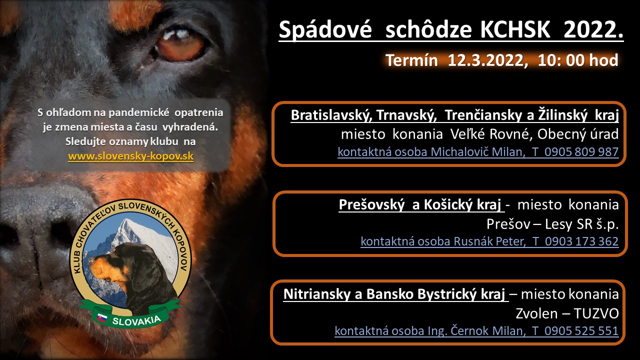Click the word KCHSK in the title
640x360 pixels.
click(x=515, y=29)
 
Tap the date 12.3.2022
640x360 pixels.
click(x=487, y=60)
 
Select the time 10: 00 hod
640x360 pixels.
click(x=578, y=60)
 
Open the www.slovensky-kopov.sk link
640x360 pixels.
click(x=131, y=156)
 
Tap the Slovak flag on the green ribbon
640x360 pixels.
click(x=101, y=317)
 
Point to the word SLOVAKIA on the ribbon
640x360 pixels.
click(x=136, y=320)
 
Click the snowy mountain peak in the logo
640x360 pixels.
click(x=125, y=225)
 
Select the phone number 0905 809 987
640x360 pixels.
click(x=581, y=151)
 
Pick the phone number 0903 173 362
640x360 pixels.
click(x=581, y=241)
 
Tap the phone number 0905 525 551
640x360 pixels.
click(x=581, y=331)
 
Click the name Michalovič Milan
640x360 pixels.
click(x=477, y=151)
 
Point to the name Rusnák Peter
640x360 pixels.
click(x=489, y=241)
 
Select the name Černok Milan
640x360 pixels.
click(x=487, y=331)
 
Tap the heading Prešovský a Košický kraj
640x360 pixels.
click(x=419, y=204)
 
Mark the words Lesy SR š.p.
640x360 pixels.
click(x=581, y=224)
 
